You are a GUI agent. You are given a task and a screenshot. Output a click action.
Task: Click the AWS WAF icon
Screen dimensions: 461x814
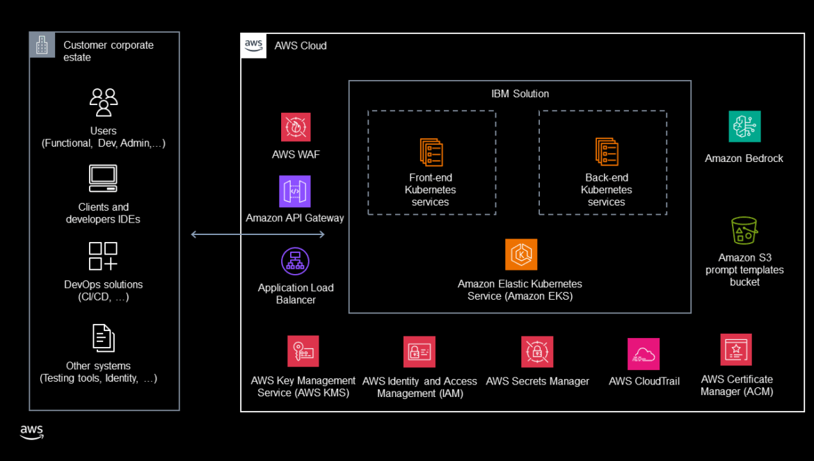tap(296, 127)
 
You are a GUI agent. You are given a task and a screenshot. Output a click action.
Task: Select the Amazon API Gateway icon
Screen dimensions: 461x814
tap(295, 191)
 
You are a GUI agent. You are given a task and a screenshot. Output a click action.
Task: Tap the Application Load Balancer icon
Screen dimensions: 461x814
tap(295, 261)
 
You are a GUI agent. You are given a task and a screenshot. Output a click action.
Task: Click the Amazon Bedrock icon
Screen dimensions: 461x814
tap(744, 127)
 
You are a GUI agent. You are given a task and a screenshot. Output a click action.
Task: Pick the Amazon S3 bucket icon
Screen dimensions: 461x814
tap(744, 231)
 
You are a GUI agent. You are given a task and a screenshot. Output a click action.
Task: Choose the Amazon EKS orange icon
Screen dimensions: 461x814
tap(521, 254)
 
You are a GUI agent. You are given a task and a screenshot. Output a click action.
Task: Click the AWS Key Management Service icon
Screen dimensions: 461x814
tap(303, 351)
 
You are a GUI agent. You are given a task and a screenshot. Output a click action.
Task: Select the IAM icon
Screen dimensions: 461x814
tap(420, 352)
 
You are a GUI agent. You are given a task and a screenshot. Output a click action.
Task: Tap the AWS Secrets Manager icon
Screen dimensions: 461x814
tap(537, 352)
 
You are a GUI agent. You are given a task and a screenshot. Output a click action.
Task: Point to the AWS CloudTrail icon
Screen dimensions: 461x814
tap(644, 354)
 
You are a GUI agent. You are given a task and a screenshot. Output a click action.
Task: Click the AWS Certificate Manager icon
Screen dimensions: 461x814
tap(736, 350)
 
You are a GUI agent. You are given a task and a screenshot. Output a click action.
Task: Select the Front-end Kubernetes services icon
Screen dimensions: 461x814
tap(431, 152)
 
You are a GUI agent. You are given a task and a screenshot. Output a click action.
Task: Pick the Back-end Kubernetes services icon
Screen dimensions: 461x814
tap(607, 152)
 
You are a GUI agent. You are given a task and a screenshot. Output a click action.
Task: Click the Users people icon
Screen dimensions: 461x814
tap(104, 102)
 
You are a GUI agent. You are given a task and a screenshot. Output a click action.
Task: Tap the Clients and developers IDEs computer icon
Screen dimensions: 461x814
tap(103, 179)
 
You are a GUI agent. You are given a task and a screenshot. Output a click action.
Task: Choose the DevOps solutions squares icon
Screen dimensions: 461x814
tap(103, 256)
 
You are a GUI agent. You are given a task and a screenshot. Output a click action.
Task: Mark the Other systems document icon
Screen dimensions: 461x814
tap(103, 338)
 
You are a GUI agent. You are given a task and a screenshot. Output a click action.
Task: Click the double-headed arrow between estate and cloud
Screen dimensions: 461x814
tap(258, 235)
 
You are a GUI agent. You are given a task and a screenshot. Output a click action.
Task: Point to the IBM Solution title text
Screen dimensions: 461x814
tap(520, 94)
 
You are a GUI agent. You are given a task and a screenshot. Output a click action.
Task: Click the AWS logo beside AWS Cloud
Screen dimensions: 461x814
tap(253, 45)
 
